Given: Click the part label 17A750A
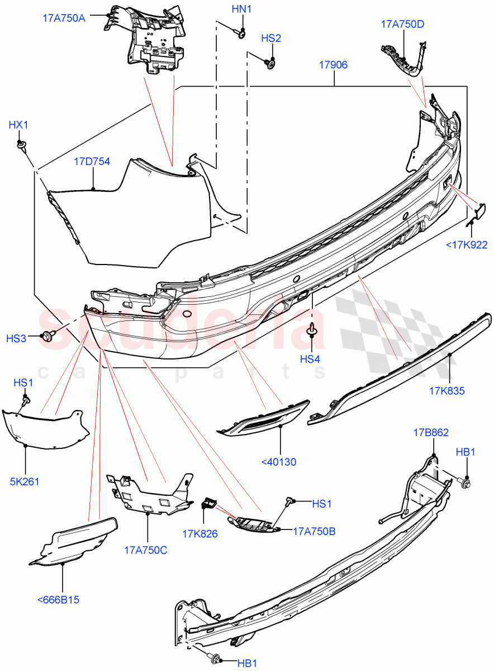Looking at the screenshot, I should coord(64,17).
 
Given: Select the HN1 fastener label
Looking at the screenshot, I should coord(241,10).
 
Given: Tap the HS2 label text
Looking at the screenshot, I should coord(271,38).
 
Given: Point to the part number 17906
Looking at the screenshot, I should coord(334,65).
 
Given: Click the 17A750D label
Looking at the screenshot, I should coord(402,24).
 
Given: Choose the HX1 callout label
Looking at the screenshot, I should coord(18,125).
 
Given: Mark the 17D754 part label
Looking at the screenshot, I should coord(92,162).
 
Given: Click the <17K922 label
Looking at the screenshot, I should coord(467,244).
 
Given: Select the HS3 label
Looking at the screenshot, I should coord(16,338).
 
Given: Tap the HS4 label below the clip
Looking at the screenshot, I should coord(311,358).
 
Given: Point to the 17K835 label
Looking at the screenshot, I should coord(447,391).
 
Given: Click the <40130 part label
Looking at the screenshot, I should coord(278,462).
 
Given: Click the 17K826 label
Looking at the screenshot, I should coord(199,534).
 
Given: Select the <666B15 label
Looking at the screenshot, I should coord(58,600).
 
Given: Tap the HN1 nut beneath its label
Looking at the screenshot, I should coord(242,35).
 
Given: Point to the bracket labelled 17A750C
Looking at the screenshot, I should coord(148,492).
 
